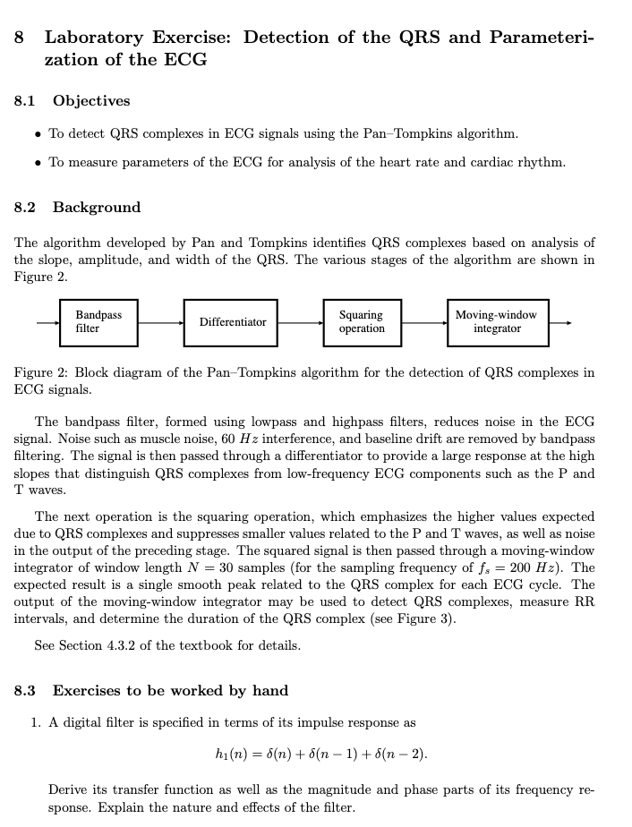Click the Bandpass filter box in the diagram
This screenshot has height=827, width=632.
98,322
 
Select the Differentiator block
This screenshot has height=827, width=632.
233,322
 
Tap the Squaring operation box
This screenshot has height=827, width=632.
362,322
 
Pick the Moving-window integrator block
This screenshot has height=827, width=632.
496,322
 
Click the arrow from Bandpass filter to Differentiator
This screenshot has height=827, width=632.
161,322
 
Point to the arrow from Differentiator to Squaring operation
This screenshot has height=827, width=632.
301,322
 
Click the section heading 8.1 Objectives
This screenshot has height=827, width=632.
73,101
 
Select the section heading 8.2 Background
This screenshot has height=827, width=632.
78,208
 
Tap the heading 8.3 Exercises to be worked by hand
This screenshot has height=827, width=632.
151,690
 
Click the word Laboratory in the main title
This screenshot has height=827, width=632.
94,38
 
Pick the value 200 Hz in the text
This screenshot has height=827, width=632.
567,568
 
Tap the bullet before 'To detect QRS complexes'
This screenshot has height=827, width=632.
36,134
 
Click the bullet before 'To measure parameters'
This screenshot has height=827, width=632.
36,163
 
